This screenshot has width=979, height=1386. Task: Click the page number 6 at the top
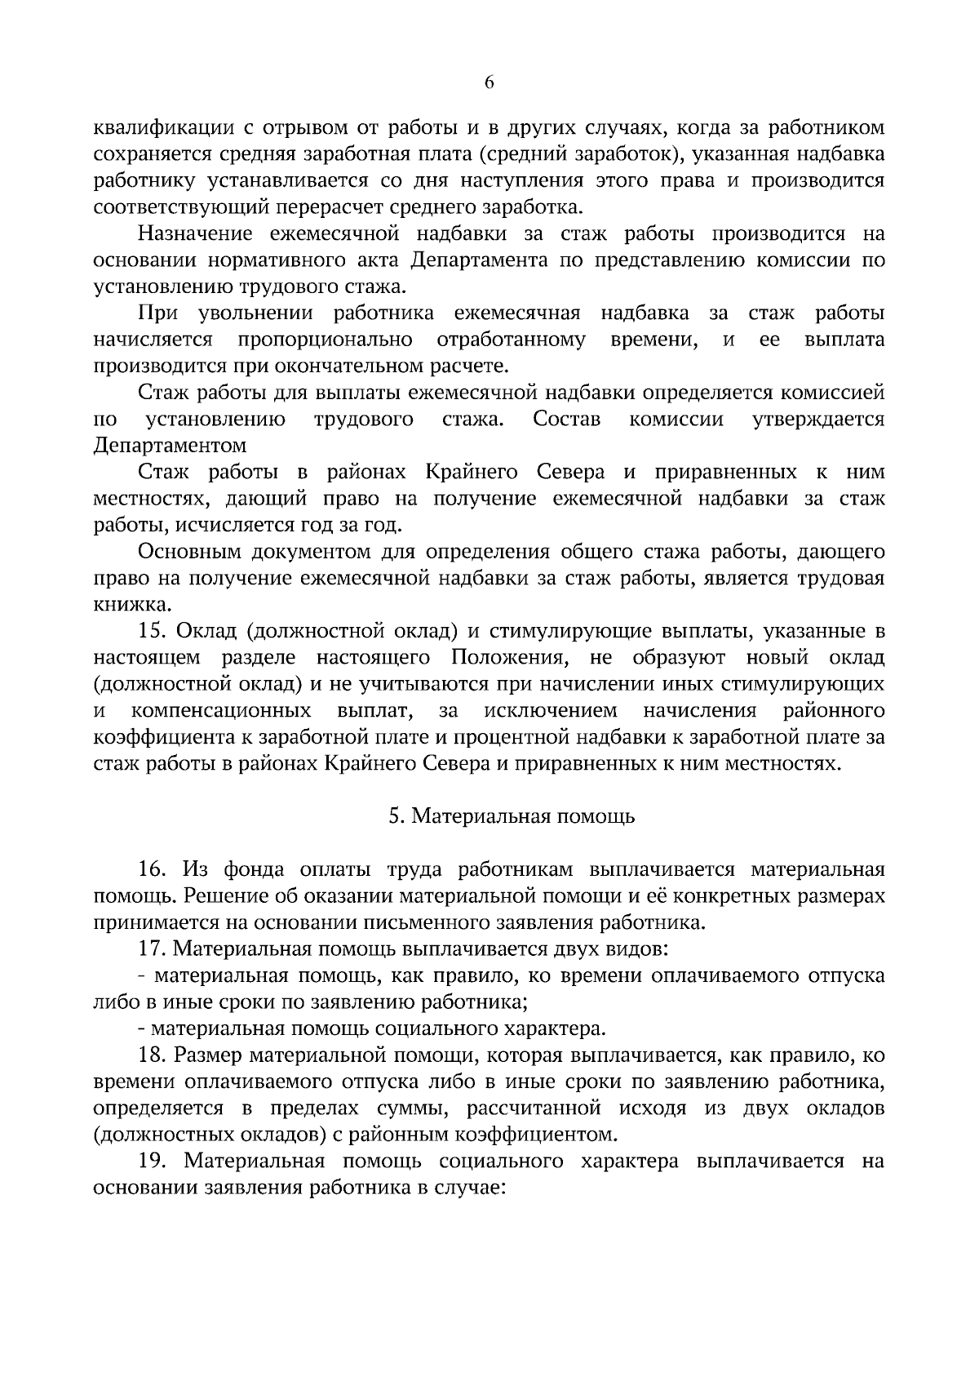click(489, 82)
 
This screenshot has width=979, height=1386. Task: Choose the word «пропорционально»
click(325, 340)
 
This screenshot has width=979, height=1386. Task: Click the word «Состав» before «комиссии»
click(566, 420)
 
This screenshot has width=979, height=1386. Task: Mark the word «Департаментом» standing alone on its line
click(170, 446)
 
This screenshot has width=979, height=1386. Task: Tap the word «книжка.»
click(132, 606)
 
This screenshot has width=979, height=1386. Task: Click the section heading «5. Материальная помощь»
click(512, 816)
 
